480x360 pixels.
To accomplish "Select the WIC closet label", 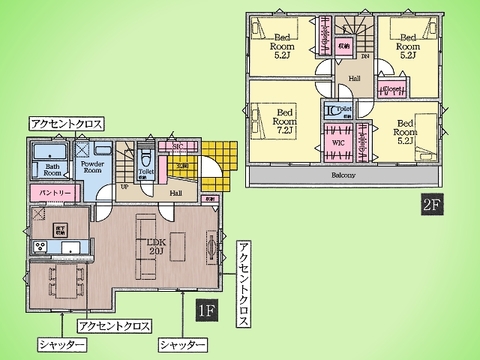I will point(338,143).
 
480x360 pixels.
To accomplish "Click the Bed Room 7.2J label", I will point(285,120).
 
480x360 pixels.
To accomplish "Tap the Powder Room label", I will point(93,168).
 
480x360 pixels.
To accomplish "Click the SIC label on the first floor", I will point(177,147).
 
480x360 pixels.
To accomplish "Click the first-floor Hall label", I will point(174,191).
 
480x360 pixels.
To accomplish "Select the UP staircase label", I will point(124,187).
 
